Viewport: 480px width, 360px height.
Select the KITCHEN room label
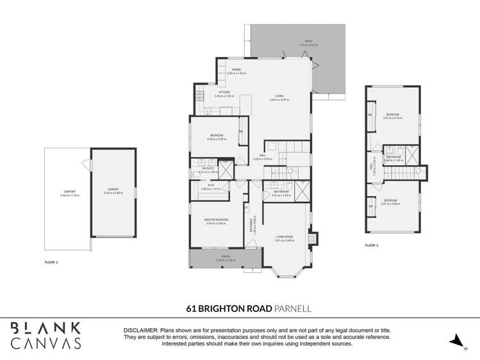(x=224, y=92)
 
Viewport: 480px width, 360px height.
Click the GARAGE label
(x=113, y=190)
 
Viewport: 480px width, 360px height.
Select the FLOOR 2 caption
(x=372, y=245)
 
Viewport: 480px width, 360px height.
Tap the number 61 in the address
(x=190, y=307)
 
